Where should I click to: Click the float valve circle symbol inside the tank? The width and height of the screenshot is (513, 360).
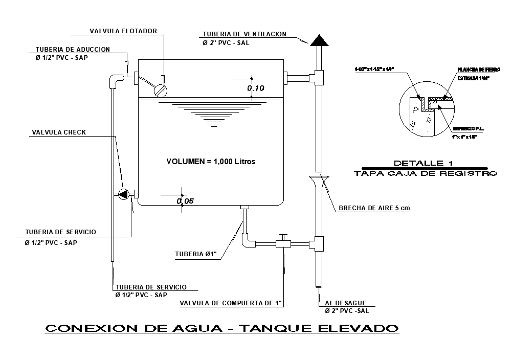[x=161, y=90]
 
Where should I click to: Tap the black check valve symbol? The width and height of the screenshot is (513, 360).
[x=124, y=194]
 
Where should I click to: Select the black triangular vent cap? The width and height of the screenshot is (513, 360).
[x=318, y=40]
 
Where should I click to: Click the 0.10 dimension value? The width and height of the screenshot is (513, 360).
[x=256, y=88]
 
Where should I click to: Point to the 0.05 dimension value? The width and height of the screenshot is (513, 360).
[x=185, y=201]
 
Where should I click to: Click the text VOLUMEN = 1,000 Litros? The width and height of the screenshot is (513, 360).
[x=211, y=161]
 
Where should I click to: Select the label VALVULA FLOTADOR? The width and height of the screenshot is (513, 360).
[x=123, y=31]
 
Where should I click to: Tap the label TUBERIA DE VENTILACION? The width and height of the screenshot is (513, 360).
[x=244, y=34]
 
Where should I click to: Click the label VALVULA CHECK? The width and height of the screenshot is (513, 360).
[x=59, y=132]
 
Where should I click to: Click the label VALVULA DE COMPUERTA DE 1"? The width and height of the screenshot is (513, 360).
[x=231, y=303]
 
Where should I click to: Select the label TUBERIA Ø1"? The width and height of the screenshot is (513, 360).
[x=196, y=254]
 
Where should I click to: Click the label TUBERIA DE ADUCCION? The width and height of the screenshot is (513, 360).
[x=73, y=50]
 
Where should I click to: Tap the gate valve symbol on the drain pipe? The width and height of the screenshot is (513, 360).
[x=282, y=242]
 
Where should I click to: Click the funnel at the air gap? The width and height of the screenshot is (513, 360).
[x=318, y=181]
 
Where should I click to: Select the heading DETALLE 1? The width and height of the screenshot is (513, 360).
[x=423, y=163]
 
